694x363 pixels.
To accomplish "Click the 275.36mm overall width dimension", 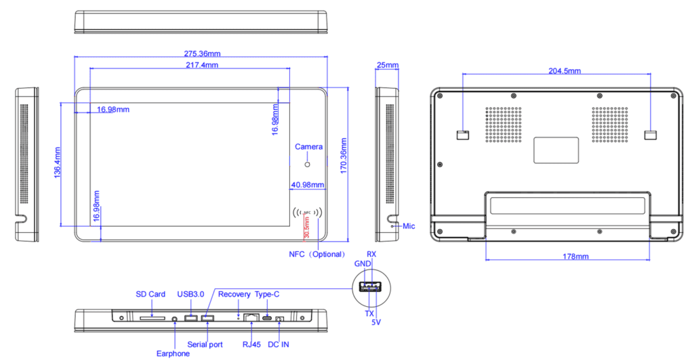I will (203, 53).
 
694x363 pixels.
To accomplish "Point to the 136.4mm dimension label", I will (57, 163).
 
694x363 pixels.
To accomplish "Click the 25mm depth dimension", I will (387, 65).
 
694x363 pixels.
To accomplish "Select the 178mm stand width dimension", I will (567, 257).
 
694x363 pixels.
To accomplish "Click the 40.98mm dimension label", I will (307, 184).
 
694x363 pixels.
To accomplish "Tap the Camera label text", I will (308, 147).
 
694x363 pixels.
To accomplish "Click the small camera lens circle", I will (307, 165).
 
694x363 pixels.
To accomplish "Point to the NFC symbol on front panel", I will (307, 213).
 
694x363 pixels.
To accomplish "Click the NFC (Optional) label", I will (317, 254).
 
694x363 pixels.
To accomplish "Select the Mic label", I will (408, 226).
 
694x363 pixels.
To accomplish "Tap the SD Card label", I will (150, 294).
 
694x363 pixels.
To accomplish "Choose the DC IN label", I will (278, 345).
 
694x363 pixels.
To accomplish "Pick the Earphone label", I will (173, 354).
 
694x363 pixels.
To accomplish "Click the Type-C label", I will (268, 294).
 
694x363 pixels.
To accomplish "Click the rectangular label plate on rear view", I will (556, 150).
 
